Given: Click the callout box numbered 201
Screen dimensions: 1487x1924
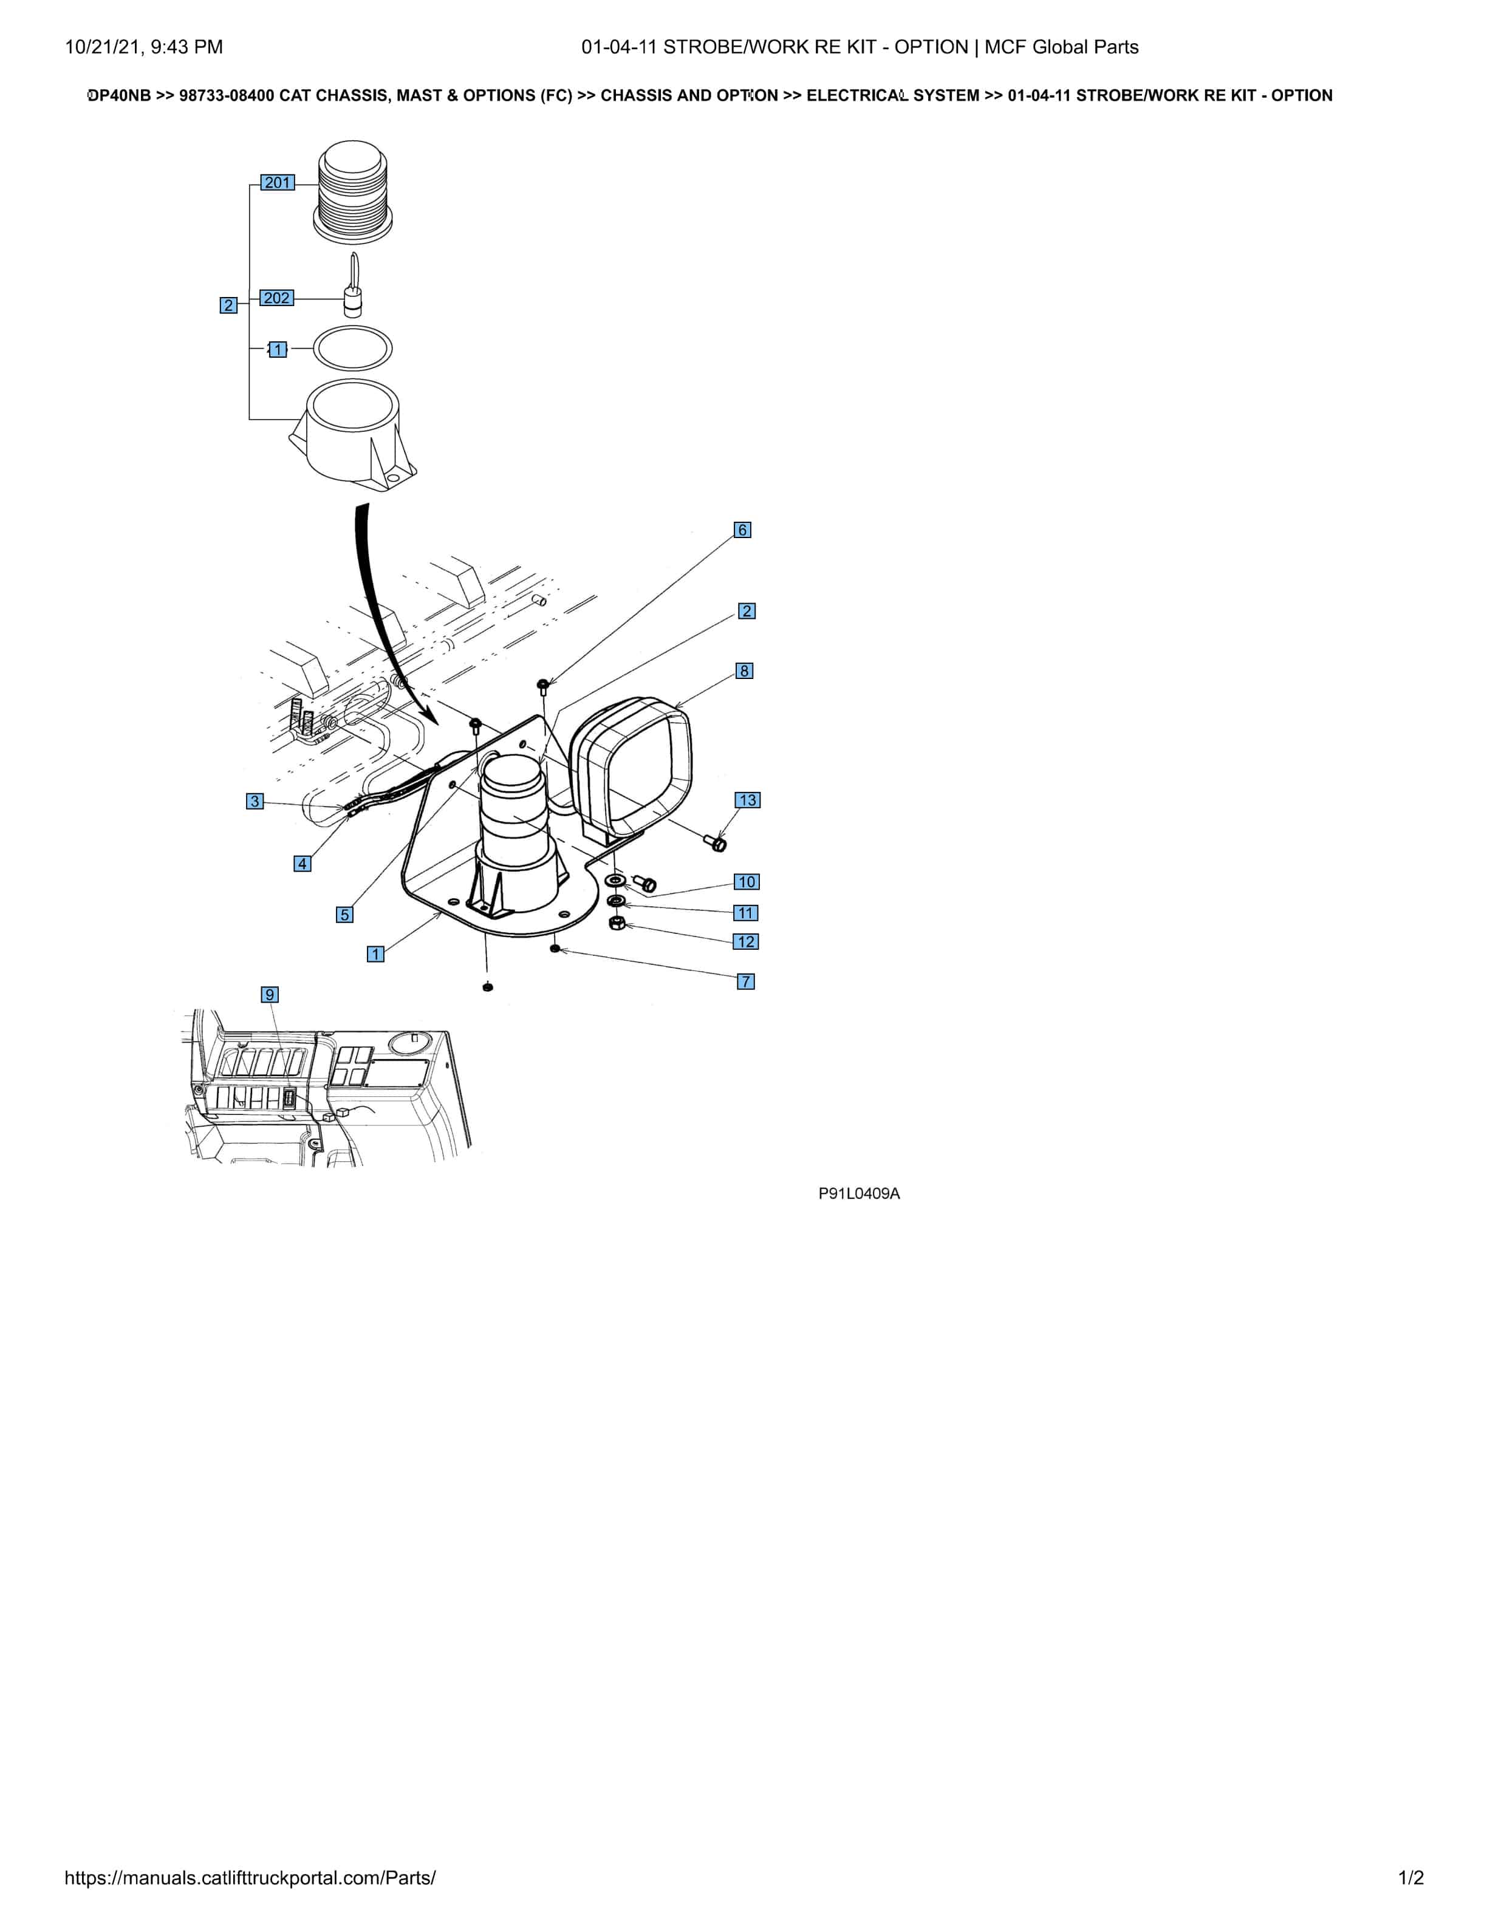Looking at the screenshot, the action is pos(278,182).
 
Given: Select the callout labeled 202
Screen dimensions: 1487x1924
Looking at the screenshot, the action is pos(276,298).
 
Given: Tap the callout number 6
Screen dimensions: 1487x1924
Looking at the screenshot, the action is pos(743,530).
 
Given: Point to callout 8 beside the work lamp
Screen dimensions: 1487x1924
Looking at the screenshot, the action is pos(744,670).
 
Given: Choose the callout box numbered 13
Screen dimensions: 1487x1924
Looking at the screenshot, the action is pos(748,800).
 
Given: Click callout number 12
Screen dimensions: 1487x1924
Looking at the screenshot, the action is pos(746,942).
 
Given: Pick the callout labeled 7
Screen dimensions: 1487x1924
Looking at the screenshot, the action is pos(746,981).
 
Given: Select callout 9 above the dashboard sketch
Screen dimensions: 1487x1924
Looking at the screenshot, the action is pos(270,995).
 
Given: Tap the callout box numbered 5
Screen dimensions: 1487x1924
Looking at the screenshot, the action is pos(344,915).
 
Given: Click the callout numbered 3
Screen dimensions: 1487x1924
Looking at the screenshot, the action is pos(255,801).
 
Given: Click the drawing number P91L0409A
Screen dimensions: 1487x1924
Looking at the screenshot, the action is pos(859,1193).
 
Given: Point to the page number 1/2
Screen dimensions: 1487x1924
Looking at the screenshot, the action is pos(1411,1877).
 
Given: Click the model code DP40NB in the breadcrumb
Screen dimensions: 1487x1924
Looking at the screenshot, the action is pos(119,95).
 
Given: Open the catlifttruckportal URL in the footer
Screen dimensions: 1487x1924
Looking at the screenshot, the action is pos(250,1877).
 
